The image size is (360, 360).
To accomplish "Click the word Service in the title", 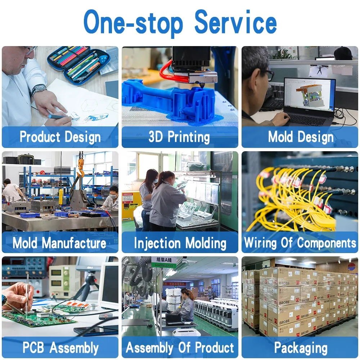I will pyautogui.click(x=235, y=22).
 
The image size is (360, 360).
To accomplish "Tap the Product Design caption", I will pyautogui.click(x=60, y=137).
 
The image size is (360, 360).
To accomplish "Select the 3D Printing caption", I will pyautogui.click(x=179, y=137).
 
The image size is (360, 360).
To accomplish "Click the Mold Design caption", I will pyautogui.click(x=301, y=137).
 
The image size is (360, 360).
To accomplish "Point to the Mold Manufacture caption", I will pyautogui.click(x=59, y=243).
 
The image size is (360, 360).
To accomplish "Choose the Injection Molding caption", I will pyautogui.click(x=180, y=243).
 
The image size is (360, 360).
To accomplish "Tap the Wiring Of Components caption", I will pyautogui.click(x=300, y=243).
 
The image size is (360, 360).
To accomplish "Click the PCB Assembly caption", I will pyautogui.click(x=60, y=348).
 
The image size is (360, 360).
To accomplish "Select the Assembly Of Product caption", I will pyautogui.click(x=180, y=348).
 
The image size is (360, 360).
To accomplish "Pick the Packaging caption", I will pyautogui.click(x=301, y=348).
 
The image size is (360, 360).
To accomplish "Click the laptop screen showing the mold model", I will pyautogui.click(x=309, y=94).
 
